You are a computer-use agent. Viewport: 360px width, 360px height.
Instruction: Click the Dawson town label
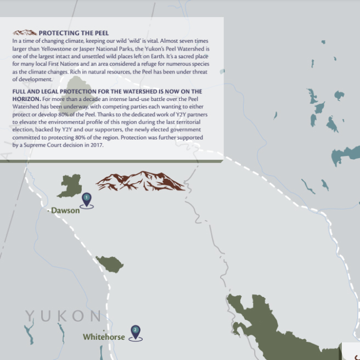65,210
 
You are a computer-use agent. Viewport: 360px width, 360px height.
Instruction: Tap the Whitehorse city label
104,336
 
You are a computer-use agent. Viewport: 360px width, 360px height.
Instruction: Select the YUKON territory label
64,316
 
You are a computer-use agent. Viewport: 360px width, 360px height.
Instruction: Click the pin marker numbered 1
87,199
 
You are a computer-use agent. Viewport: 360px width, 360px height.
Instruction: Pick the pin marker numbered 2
136,331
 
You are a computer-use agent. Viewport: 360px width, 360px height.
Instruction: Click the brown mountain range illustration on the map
140,181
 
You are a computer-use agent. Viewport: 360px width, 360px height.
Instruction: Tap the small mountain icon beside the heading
25,33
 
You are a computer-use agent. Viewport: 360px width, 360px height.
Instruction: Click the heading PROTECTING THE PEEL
74,33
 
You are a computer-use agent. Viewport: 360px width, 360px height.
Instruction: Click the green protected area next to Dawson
70,185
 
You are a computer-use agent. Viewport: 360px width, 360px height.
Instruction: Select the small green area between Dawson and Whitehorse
109,264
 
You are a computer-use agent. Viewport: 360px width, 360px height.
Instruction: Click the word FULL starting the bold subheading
20,91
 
